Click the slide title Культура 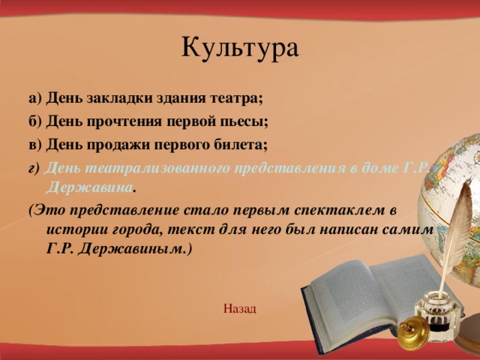pyautogui.click(x=240, y=48)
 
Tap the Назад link pyautogui.click(x=240, y=308)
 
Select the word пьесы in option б pyautogui.click(x=244, y=121)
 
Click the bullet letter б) pyautogui.click(x=35, y=121)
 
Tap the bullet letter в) pyautogui.click(x=35, y=145)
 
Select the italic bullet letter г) pyautogui.click(x=34, y=169)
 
